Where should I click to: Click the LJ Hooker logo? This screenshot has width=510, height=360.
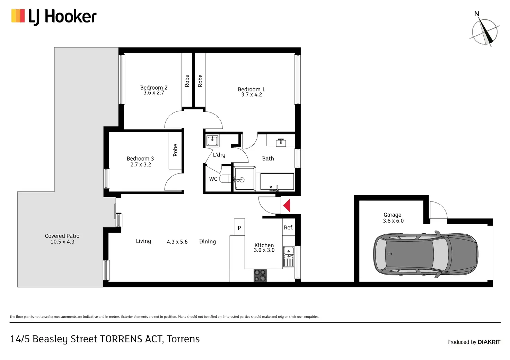54,17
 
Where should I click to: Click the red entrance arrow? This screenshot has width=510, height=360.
287,205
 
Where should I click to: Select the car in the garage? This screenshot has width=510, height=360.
426,254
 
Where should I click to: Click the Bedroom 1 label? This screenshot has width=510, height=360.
251,89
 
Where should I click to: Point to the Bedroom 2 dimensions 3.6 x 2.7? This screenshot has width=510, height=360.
154,93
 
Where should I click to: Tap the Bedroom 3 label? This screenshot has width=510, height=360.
140,159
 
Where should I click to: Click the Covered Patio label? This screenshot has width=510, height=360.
62,236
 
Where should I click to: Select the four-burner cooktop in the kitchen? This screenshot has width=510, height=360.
260,275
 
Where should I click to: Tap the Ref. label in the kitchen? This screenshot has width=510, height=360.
289,227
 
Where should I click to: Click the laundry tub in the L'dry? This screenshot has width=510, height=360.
212,141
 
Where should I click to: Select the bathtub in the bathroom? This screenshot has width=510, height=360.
277,181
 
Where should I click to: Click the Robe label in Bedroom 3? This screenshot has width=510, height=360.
175,150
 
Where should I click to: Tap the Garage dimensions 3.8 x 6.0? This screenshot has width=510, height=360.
393,221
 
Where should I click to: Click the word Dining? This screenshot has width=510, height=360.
208,242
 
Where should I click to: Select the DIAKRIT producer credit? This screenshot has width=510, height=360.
474,342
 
